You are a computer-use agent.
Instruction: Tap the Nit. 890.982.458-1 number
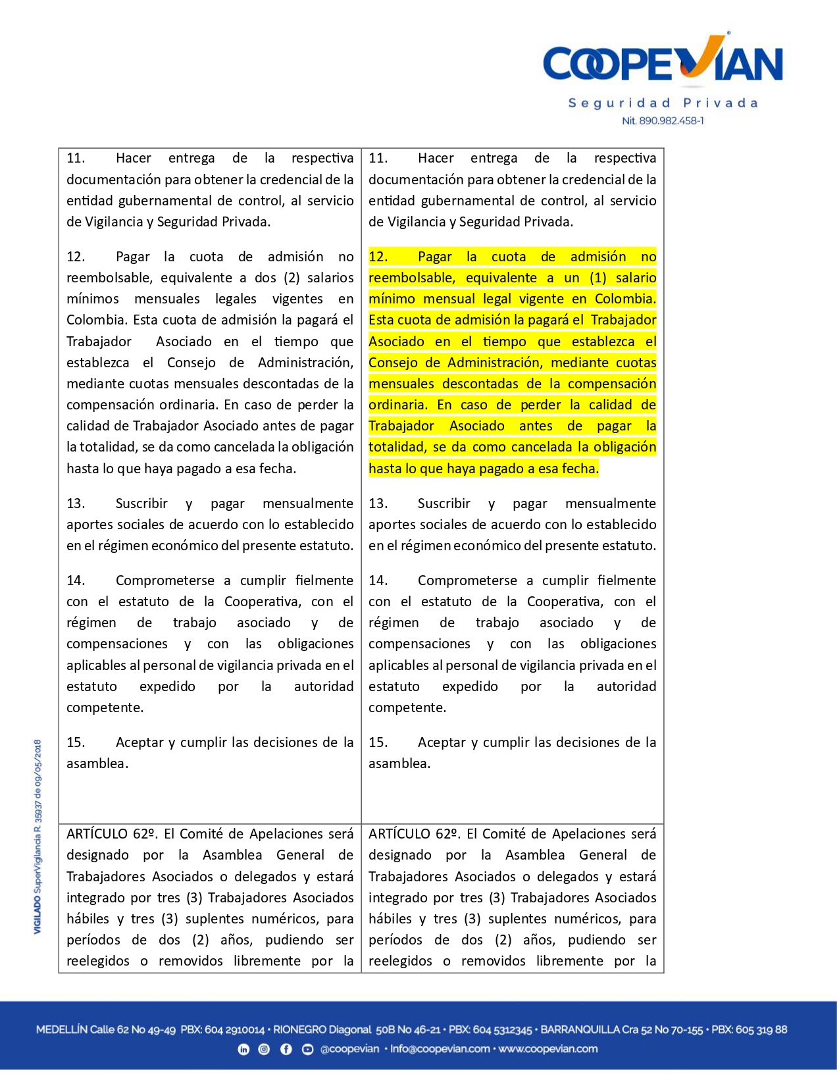(663, 121)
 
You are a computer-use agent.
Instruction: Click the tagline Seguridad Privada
(663, 103)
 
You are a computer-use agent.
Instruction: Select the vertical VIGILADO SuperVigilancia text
(38, 836)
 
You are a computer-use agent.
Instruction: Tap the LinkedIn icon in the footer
(243, 1049)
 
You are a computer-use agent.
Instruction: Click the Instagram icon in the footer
(264, 1049)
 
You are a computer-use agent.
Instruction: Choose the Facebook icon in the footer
(286, 1049)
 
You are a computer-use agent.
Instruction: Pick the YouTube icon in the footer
(307, 1049)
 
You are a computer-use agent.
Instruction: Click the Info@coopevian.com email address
(440, 1049)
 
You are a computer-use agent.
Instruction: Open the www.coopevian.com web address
(548, 1049)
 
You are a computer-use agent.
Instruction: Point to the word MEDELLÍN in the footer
(61, 1030)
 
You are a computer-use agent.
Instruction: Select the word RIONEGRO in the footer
(299, 1030)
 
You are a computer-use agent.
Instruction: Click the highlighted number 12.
(378, 257)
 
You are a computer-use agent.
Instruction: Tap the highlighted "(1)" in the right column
(597, 278)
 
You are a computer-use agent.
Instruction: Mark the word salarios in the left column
(331, 278)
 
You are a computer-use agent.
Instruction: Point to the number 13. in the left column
(76, 504)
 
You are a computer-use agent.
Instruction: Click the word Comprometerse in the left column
(165, 581)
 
